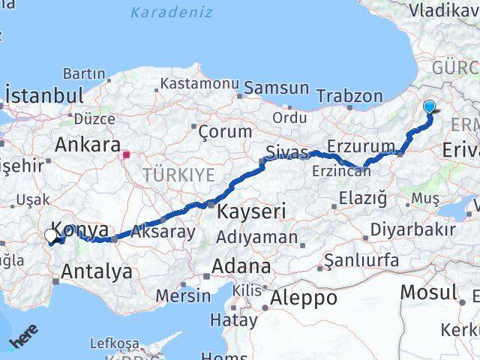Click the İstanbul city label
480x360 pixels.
tap(44, 95)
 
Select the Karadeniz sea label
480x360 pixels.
tap(171, 12)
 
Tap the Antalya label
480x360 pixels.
tap(97, 271)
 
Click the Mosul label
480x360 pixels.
tap(428, 292)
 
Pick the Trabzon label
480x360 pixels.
tap(349, 96)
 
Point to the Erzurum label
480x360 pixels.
tap(361, 146)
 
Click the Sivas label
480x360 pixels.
tap(289, 153)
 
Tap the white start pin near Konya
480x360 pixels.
tap(50, 236)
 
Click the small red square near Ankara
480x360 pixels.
tap(127, 155)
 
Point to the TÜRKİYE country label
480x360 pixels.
tap(178, 175)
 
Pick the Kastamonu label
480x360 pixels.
tap(199, 83)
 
